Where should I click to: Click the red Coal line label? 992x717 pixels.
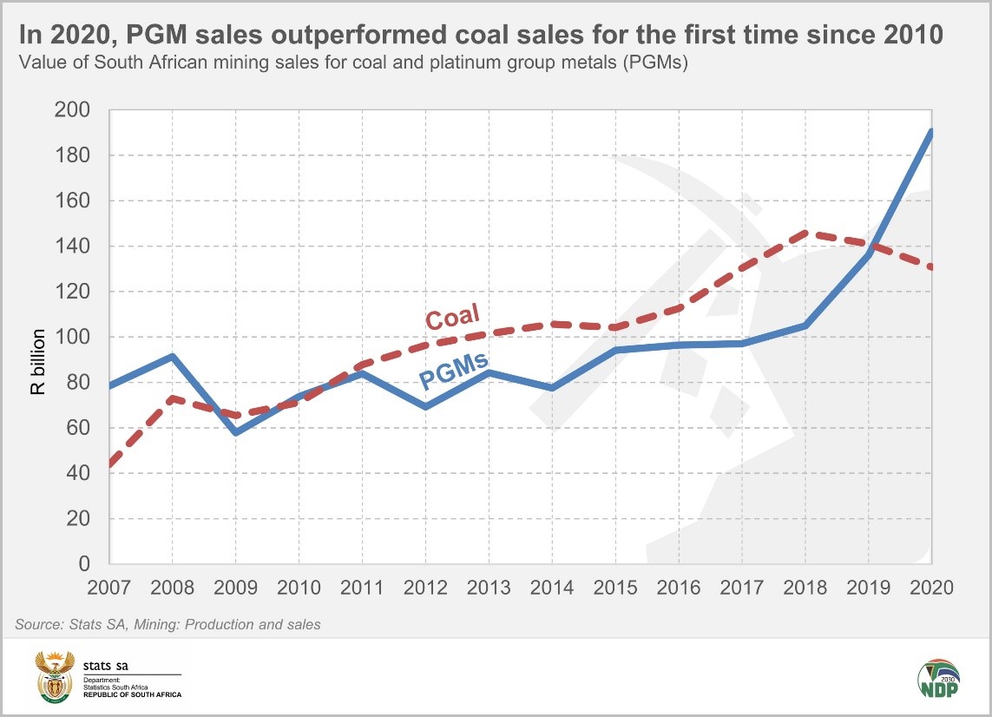tap(453, 317)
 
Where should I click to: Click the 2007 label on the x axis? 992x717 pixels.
tap(109, 587)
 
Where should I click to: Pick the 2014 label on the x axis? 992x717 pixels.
tap(552, 587)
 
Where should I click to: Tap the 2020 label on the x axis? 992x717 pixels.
tap(931, 587)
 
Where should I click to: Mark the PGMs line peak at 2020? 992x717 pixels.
tap(930, 132)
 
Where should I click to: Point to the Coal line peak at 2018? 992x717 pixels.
tap(805, 233)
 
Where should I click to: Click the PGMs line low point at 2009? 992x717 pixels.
tap(235, 431)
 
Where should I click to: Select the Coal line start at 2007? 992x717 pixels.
tap(110, 465)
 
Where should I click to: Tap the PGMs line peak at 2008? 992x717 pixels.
tap(172, 356)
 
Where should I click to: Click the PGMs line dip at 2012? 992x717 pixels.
tap(425, 406)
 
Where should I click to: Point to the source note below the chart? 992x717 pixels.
tap(168, 625)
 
